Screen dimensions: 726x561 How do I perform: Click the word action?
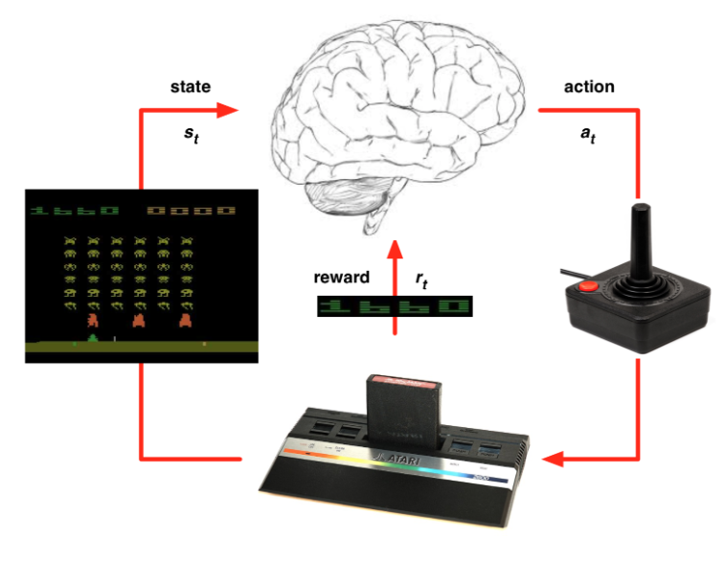pyautogui.click(x=590, y=87)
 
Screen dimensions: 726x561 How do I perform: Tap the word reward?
pyautogui.click(x=341, y=278)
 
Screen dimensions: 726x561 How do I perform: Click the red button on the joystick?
pyautogui.click(x=590, y=284)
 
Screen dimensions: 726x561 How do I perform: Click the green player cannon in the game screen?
pyautogui.click(x=93, y=337)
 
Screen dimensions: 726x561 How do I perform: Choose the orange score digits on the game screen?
pyautogui.click(x=192, y=210)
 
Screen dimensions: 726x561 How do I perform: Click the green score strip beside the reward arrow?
pyautogui.click(x=397, y=307)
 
